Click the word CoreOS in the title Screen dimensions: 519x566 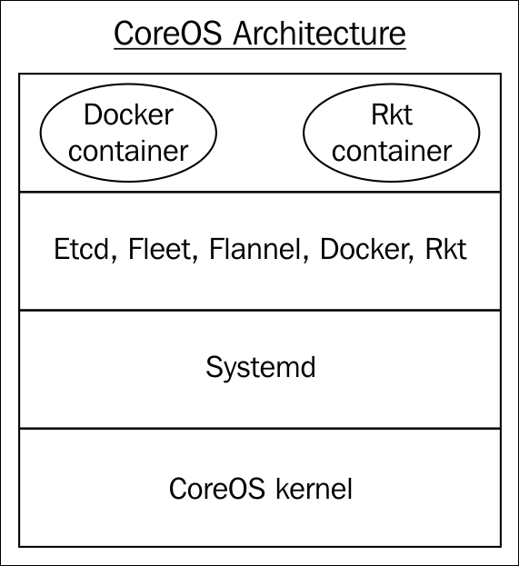pyautogui.click(x=167, y=34)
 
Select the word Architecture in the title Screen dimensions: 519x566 pyautogui.click(x=319, y=34)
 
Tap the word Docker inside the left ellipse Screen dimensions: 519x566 pyautogui.click(x=128, y=114)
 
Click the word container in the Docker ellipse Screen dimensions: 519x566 pyautogui.click(x=128, y=151)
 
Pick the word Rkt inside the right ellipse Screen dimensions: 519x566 pyautogui.click(x=392, y=114)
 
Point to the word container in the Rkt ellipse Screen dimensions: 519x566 pyautogui.click(x=392, y=151)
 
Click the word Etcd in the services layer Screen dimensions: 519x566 pyautogui.click(x=81, y=249)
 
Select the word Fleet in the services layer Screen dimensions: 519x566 pyautogui.click(x=159, y=249)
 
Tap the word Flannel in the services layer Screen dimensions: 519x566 pyautogui.click(x=255, y=249)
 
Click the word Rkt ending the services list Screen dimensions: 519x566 pyautogui.click(x=446, y=249)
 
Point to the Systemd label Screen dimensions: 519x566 pyautogui.click(x=261, y=367)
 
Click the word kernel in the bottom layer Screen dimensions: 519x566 pyautogui.click(x=314, y=489)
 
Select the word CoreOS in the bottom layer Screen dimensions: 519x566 pyautogui.click(x=216, y=489)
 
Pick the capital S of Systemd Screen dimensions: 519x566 pyautogui.click(x=214, y=366)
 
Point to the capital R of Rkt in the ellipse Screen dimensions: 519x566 pyautogui.click(x=380, y=114)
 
